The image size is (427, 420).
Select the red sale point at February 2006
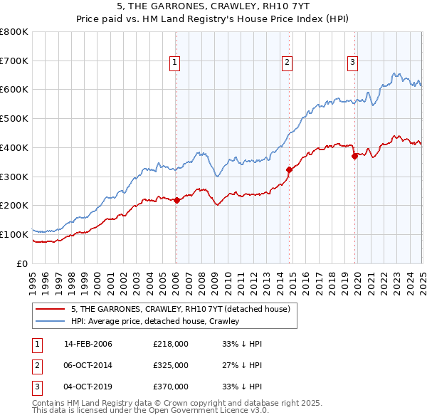click(176, 200)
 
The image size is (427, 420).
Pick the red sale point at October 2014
click(289, 169)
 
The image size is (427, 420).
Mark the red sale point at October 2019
click(354, 156)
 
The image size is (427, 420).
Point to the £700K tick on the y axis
click(14, 61)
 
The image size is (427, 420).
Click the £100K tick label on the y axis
click(14, 234)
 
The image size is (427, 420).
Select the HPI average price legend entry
click(154, 321)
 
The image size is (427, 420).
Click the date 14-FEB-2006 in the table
click(88, 344)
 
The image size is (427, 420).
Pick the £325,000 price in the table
click(171, 365)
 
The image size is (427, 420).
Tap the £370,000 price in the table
click(171, 387)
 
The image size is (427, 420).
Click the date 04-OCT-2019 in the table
click(88, 387)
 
